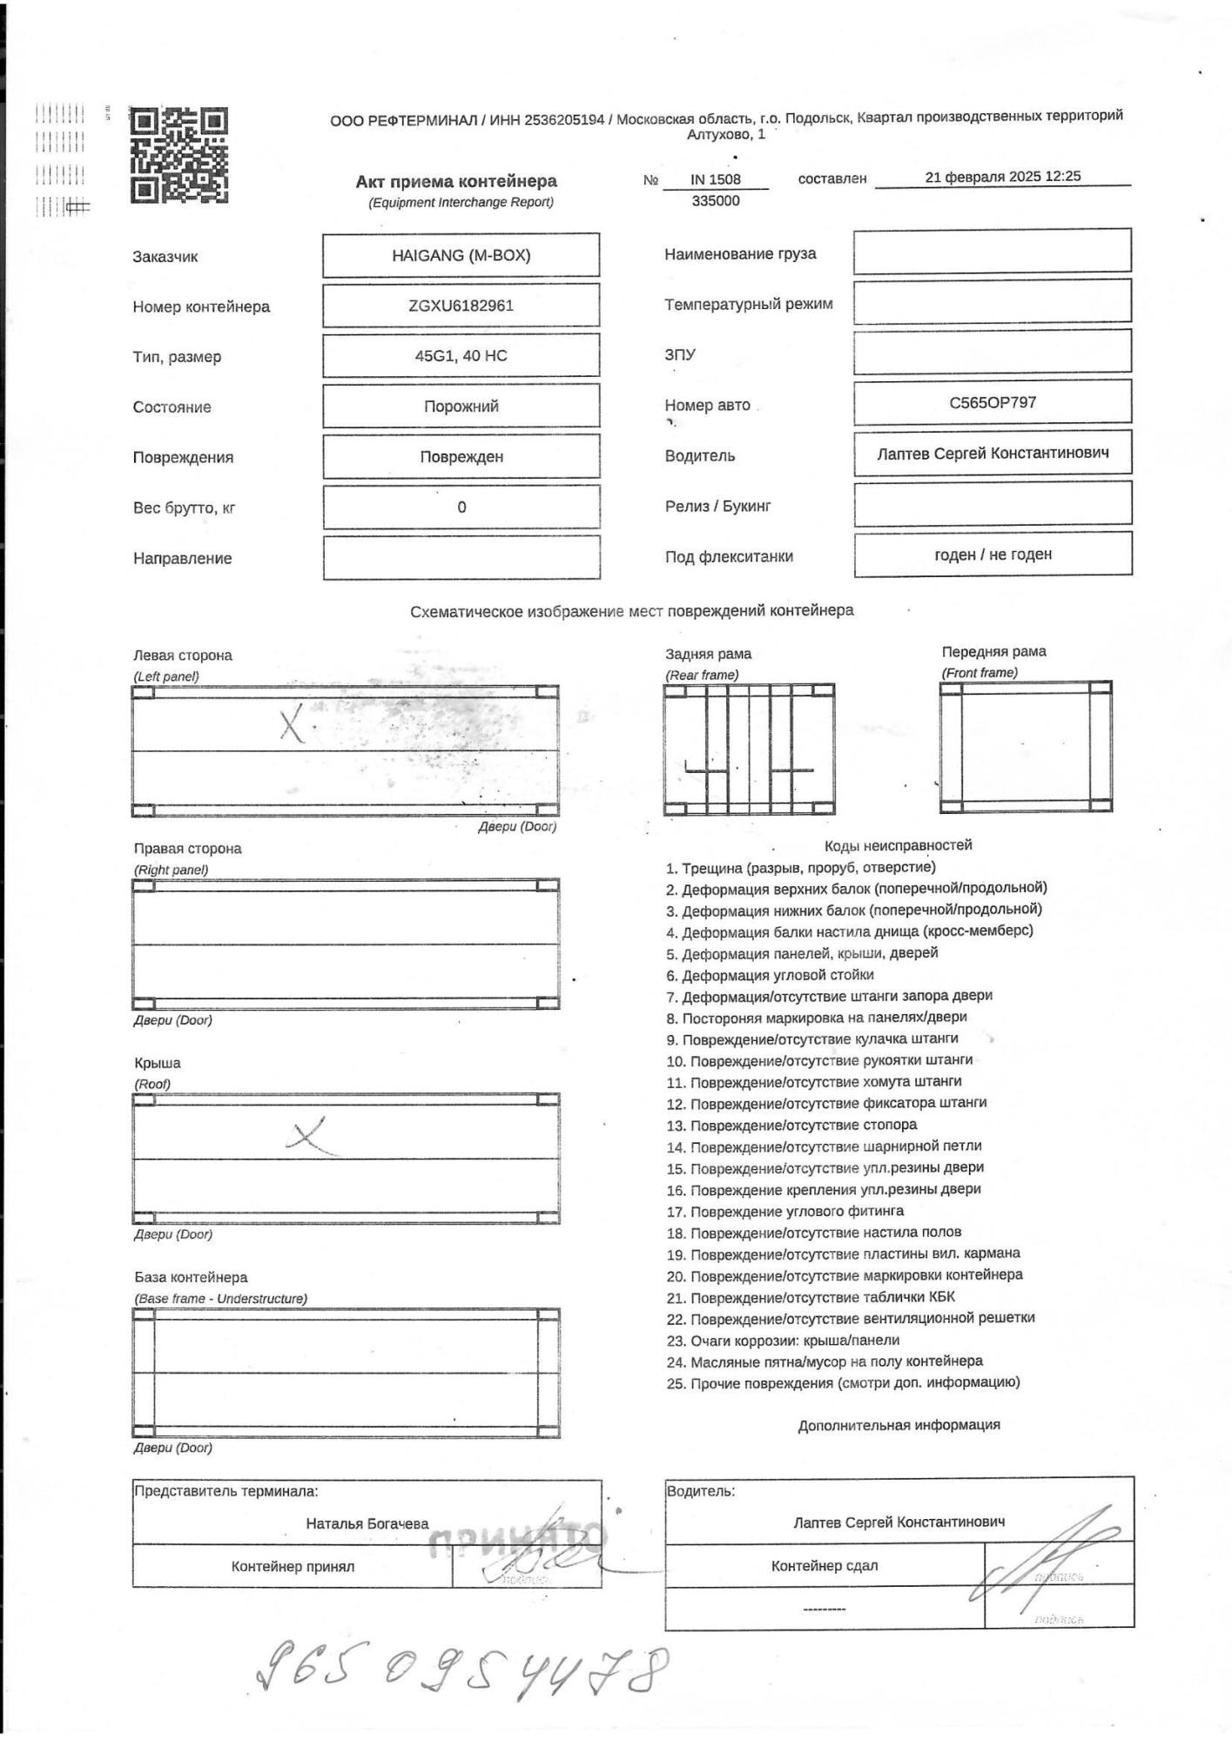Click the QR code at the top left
point(178,155)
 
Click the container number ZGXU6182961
point(461,306)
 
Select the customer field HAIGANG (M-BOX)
point(461,255)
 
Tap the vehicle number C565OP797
point(992,402)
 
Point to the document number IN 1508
point(715,179)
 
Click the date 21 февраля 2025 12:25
point(1002,176)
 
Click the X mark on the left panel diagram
point(293,724)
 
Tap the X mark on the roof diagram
point(307,1134)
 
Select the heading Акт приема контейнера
point(455,181)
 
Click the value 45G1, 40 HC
point(461,355)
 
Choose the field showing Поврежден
point(461,456)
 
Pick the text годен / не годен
point(993,554)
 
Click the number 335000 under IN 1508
point(715,200)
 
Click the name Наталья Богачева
point(367,1523)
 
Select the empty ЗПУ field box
point(992,352)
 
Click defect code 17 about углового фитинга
point(785,1211)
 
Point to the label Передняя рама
point(993,651)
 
